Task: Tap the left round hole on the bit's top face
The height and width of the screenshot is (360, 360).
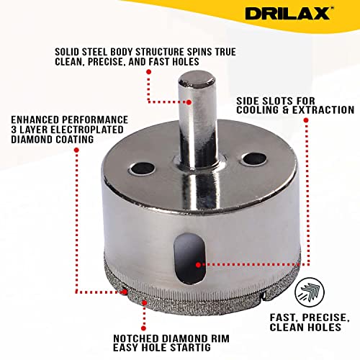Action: pyautogui.click(x=143, y=169)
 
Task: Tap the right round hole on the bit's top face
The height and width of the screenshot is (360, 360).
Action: pyautogui.click(x=254, y=159)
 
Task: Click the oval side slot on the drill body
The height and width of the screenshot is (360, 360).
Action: pyautogui.click(x=189, y=258)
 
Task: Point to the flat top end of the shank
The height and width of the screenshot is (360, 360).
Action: pyautogui.click(x=197, y=79)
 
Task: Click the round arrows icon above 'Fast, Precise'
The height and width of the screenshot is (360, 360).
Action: pyautogui.click(x=310, y=292)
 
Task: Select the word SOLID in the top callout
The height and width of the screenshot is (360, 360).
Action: pyautogui.click(x=67, y=52)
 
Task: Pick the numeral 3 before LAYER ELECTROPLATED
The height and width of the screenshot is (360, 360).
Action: pyautogui.click(x=14, y=130)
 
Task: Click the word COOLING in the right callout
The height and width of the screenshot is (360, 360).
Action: pyautogui.click(x=257, y=110)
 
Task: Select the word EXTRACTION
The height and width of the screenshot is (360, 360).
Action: pyautogui.click(x=323, y=110)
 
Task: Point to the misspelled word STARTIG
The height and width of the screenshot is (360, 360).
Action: pyautogui.click(x=190, y=348)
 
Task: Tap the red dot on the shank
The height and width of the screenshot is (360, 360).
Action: pyautogui.click(x=189, y=102)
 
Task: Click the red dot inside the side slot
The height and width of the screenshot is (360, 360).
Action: pyautogui.click(x=198, y=265)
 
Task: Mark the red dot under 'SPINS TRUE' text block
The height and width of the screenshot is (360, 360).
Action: pyautogui.click(x=149, y=71)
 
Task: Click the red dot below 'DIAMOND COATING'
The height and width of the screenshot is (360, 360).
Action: pyautogui.click(x=76, y=150)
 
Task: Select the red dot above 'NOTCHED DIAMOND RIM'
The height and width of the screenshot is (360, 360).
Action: pyautogui.click(x=143, y=328)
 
